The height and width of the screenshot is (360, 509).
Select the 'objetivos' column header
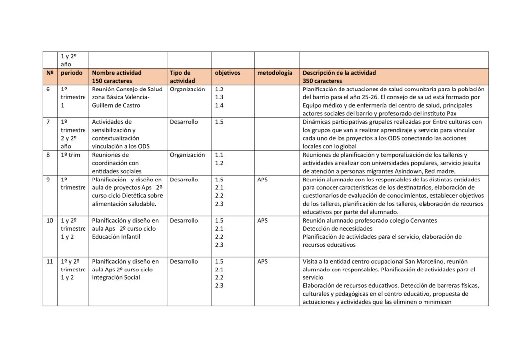227,73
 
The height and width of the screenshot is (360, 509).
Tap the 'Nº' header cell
50,73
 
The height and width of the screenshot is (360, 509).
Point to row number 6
48,90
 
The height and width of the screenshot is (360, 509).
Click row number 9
48,180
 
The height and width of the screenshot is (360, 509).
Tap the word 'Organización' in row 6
187,90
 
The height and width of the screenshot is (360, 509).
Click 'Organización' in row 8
187,155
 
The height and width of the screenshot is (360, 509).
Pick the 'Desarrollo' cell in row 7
184,122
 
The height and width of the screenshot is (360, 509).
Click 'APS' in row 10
262,220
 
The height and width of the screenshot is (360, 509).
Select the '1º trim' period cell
71,155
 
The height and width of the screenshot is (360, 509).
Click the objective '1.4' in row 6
219,105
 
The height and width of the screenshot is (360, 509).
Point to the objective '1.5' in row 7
219,122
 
